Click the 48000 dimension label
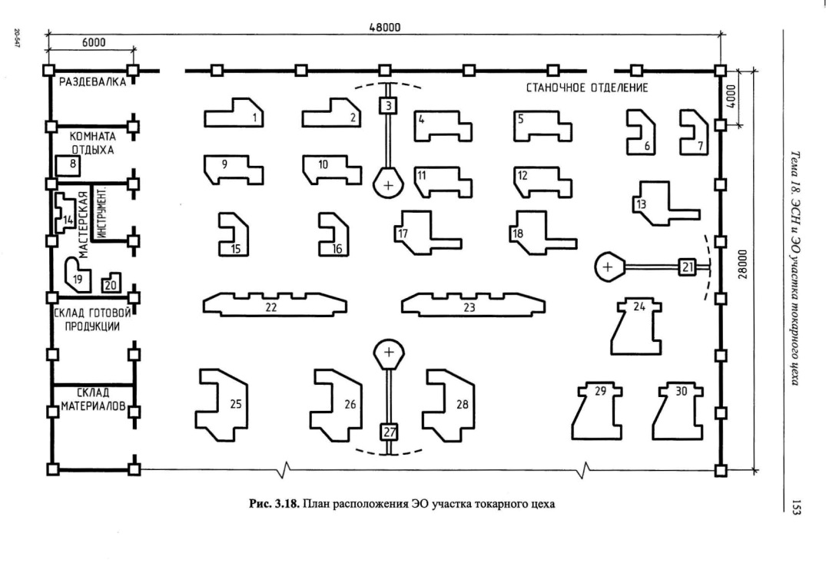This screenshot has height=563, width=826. point(384,28)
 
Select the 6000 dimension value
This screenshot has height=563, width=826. point(93,42)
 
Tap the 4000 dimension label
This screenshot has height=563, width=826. point(731,97)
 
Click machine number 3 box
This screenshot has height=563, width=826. point(388,106)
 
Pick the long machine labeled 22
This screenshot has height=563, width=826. point(274,305)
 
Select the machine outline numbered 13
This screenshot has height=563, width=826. point(665,204)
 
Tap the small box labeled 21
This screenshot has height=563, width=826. point(687,267)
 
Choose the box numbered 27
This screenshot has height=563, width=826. point(389,432)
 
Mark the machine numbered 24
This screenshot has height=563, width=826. point(636,326)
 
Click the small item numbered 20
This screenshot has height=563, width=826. point(111,283)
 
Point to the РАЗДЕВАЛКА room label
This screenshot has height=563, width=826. point(92,81)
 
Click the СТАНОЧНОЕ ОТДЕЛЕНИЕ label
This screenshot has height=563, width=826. point(587,88)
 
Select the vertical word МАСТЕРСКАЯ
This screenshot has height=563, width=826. point(83,225)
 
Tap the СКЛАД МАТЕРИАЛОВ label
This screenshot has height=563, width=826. point(93,399)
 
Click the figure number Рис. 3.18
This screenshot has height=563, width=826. point(274,504)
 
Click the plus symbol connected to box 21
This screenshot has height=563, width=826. point(608,267)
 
